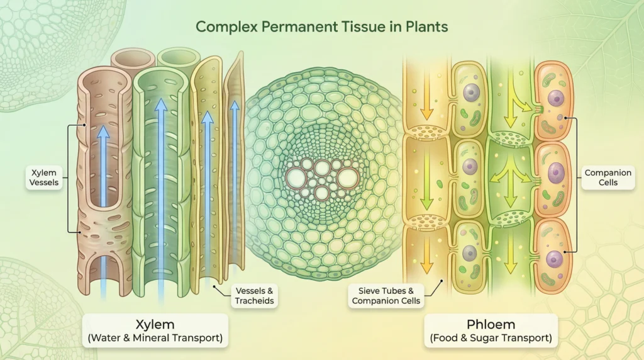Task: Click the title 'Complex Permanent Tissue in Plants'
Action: click(x=321, y=27)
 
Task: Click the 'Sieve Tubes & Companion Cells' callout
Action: click(x=386, y=296)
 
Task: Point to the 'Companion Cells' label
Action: click(x=601, y=177)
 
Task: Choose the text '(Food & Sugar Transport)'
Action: click(x=491, y=338)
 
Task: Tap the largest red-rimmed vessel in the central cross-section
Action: click(x=348, y=178)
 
